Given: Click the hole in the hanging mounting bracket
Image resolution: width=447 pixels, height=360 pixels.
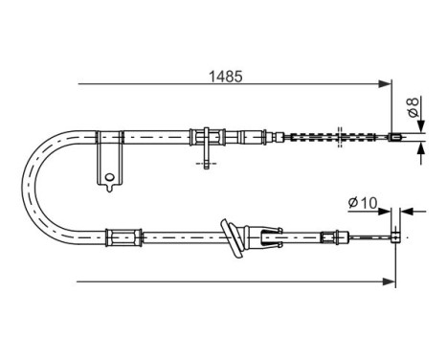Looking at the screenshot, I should (110, 175).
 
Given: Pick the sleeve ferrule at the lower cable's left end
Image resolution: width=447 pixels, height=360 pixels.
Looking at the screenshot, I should (122, 234).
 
